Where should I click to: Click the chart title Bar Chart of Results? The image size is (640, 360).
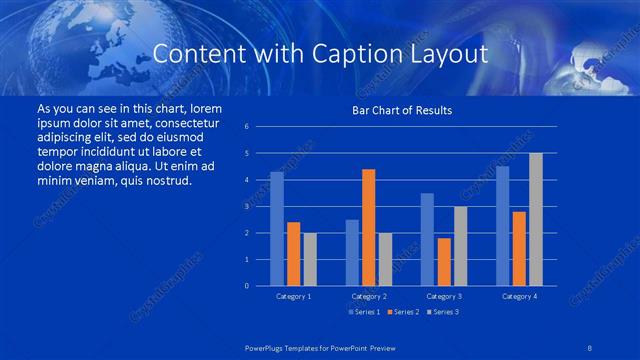[401, 110]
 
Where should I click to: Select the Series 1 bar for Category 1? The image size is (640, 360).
[277, 229]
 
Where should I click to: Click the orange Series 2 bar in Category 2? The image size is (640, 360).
[368, 227]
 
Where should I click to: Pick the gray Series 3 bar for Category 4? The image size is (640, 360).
[535, 219]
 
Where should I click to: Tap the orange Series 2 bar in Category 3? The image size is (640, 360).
[443, 262]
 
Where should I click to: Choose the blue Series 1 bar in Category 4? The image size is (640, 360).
[502, 226]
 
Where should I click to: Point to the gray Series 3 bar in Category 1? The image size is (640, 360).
[310, 259]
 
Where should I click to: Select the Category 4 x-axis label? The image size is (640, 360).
[518, 297]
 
